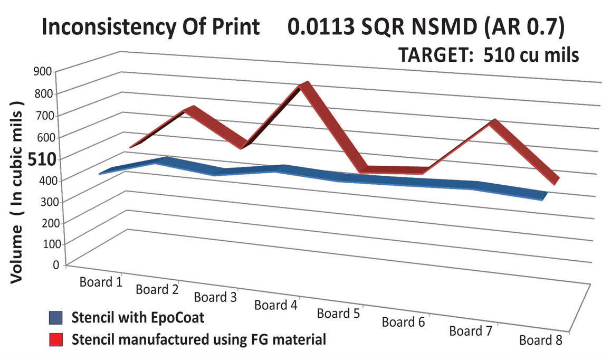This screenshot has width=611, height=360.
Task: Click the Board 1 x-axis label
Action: [x=101, y=281]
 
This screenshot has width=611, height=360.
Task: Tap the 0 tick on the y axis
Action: [x=54, y=264]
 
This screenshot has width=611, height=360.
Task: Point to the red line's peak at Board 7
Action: [x=494, y=124]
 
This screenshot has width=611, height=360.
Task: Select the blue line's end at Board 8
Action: [x=541, y=196]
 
